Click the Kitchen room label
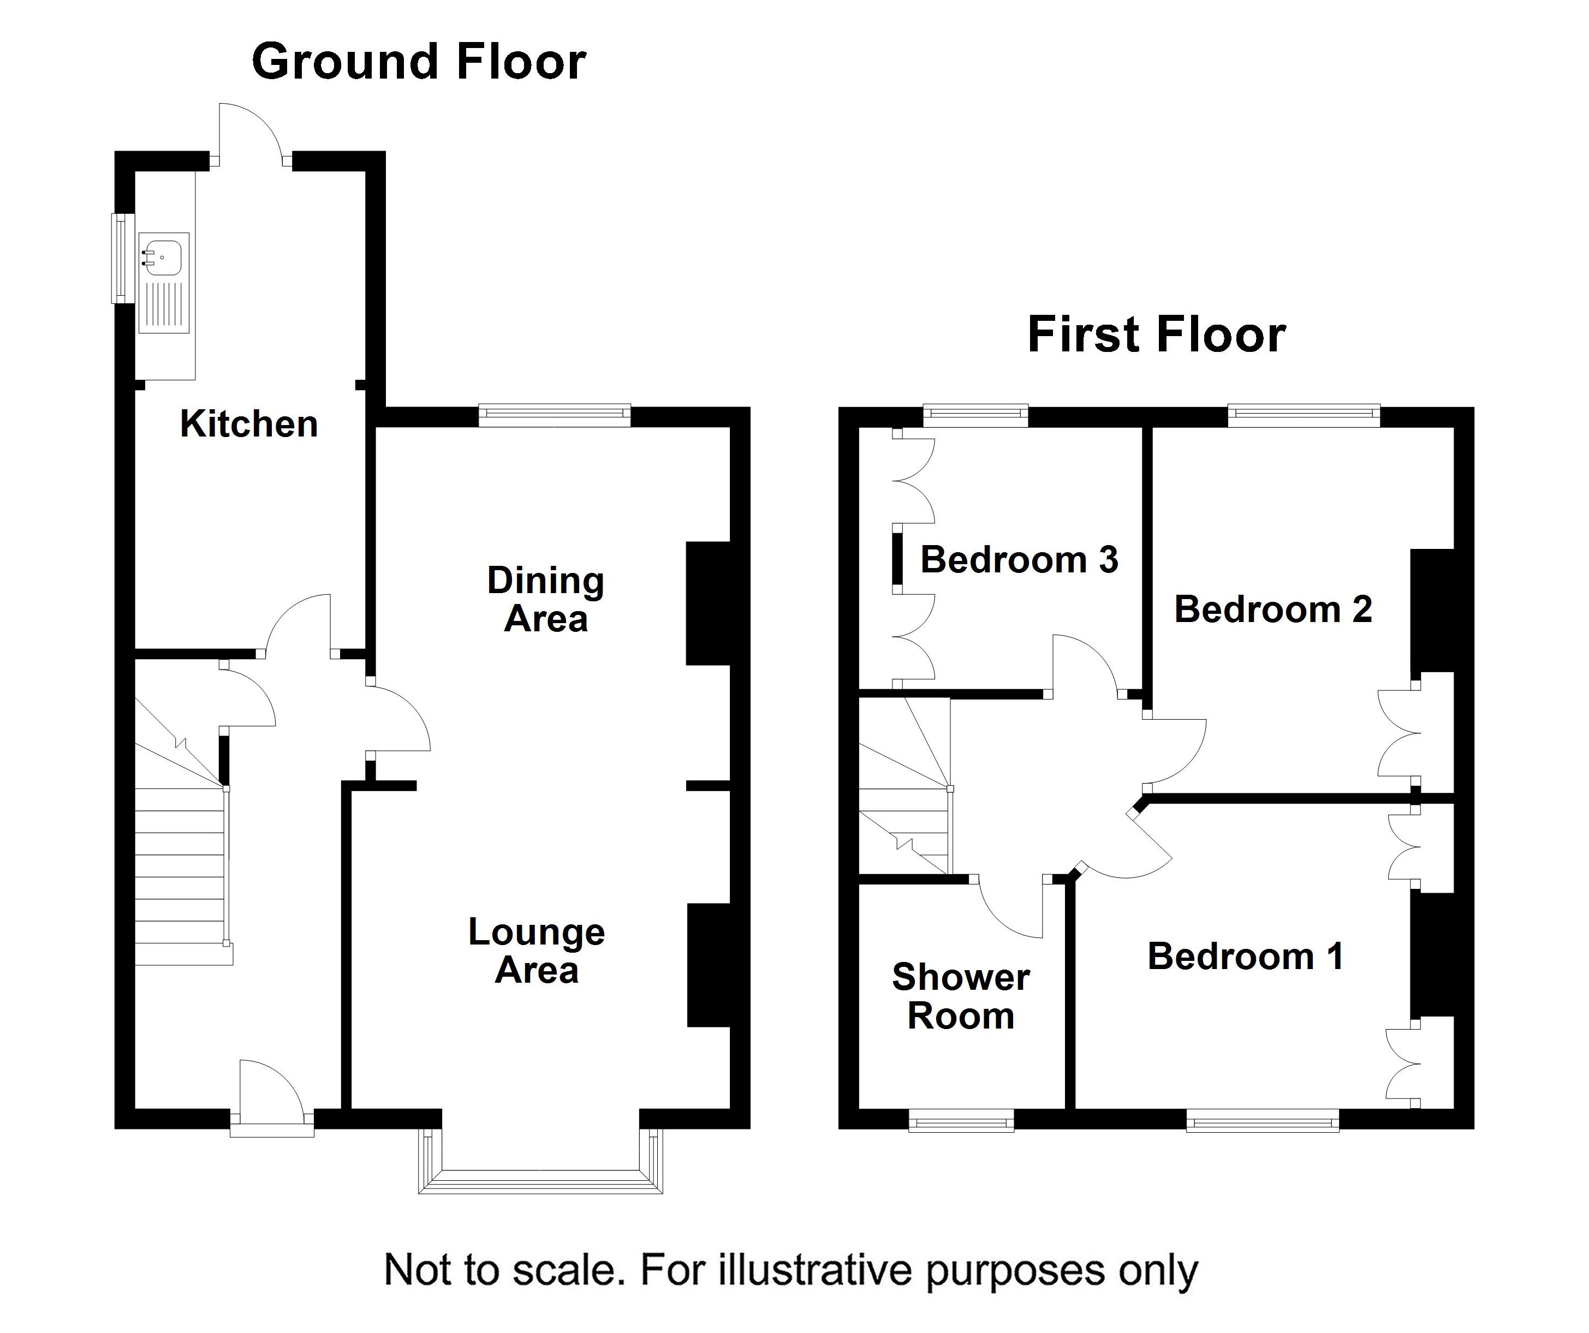(x=249, y=423)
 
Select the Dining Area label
(x=545, y=599)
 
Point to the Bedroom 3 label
(x=1019, y=560)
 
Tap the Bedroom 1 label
(x=1246, y=957)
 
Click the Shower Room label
(x=961, y=996)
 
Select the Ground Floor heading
(x=419, y=61)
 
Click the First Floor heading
(x=1156, y=334)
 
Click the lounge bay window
(x=540, y=1161)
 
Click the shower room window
(x=961, y=1120)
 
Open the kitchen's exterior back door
(x=251, y=133)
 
